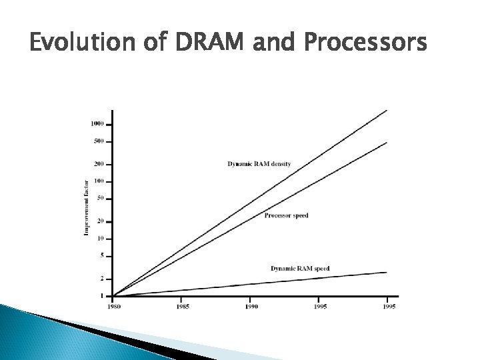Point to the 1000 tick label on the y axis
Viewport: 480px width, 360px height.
tap(97, 124)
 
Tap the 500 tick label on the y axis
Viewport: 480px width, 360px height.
tap(98, 141)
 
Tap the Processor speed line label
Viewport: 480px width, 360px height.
tap(286, 215)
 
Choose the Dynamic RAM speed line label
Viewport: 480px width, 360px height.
tap(300, 268)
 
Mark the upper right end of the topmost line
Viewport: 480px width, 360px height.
tap(387, 111)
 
